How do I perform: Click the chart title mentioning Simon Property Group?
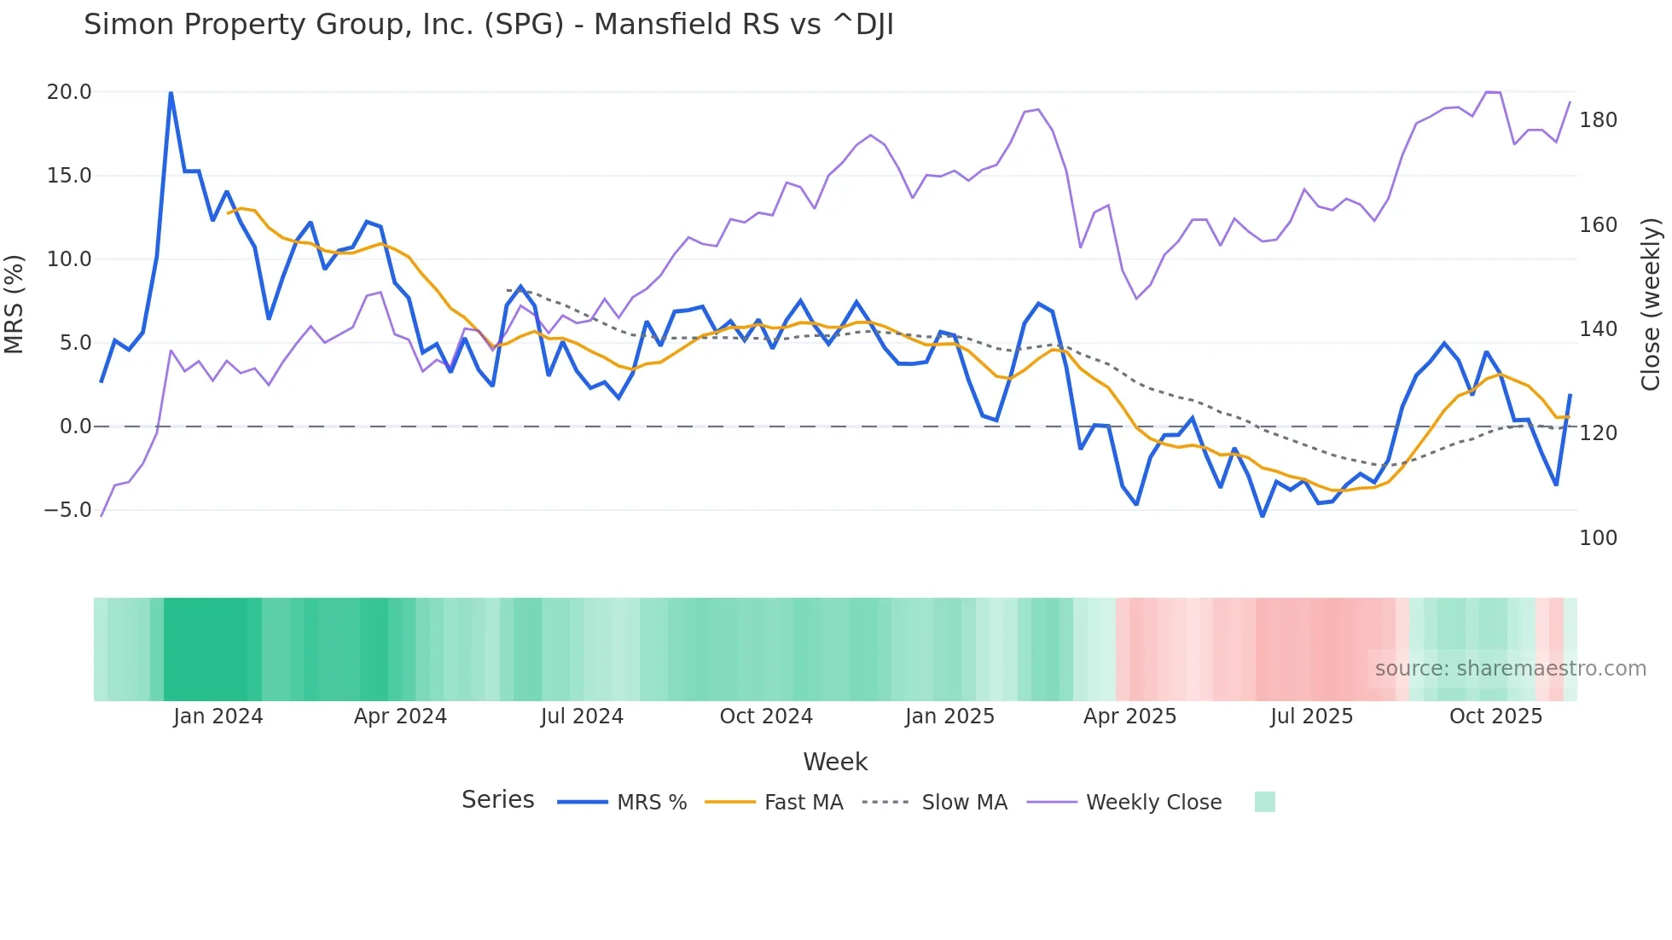[x=488, y=25]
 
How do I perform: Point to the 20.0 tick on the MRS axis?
[x=69, y=92]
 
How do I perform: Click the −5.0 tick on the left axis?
[x=67, y=510]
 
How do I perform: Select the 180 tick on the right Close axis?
[x=1598, y=120]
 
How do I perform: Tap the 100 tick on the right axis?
[x=1598, y=538]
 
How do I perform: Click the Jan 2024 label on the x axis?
[x=218, y=717]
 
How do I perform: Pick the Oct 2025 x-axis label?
[x=1495, y=717]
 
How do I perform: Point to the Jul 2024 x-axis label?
[x=582, y=717]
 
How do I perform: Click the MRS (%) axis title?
[x=15, y=304]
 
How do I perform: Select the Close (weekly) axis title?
[x=1651, y=304]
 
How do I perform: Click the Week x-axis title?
[x=835, y=762]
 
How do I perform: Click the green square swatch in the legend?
[x=1264, y=802]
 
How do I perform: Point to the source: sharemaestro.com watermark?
[x=1510, y=669]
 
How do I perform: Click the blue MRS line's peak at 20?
[x=171, y=93]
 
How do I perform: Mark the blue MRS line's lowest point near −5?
[x=1263, y=515]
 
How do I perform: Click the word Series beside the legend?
[x=497, y=800]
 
